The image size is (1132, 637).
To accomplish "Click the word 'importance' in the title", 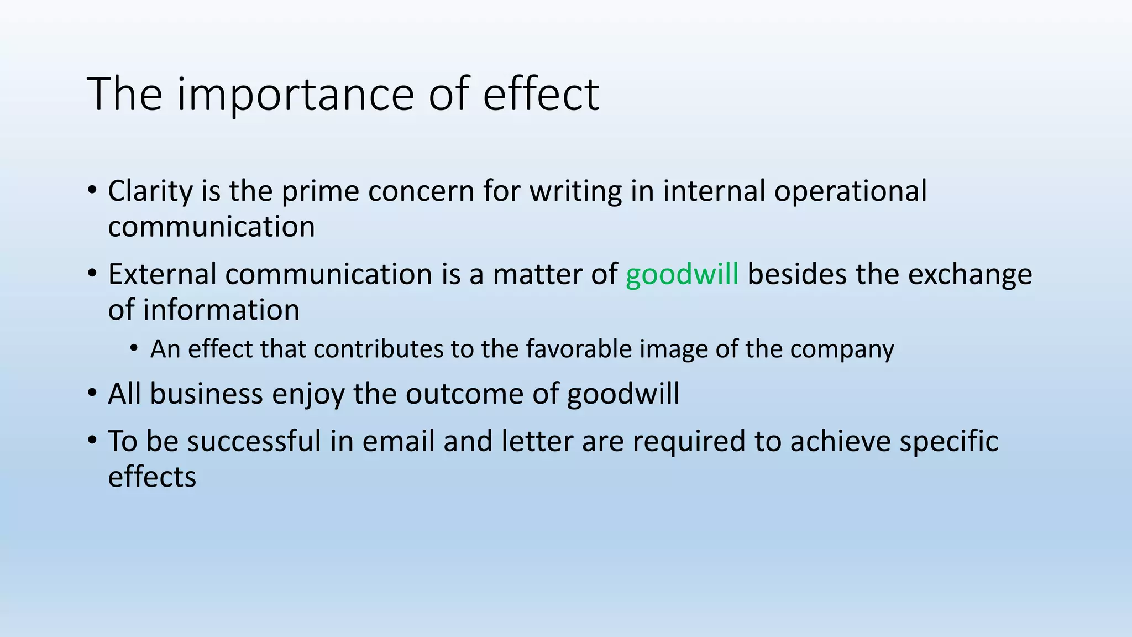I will point(296,94).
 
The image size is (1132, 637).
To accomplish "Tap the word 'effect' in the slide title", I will point(541,94).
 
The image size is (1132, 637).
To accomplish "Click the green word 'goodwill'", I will point(682,274).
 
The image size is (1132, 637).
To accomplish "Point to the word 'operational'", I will point(850,191).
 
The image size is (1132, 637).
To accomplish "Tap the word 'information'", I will point(221,310).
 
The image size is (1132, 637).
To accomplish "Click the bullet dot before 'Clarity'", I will point(92,191).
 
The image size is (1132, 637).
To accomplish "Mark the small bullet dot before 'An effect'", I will point(134,348).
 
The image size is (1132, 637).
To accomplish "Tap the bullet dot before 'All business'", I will point(92,394).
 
